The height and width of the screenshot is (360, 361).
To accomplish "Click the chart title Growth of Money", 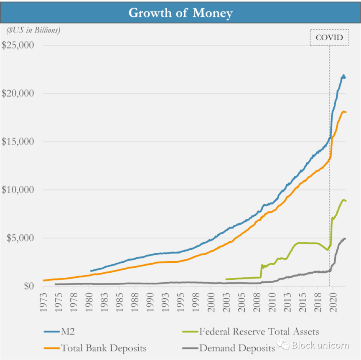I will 180,13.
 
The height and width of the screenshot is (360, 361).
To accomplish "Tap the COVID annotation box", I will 329,38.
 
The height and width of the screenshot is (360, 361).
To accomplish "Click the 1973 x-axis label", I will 43,301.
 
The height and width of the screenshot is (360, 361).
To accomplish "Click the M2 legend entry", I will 66,332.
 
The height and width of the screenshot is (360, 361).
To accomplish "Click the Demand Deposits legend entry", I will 237,347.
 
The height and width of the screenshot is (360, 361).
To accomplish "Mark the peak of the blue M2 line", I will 343,76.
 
